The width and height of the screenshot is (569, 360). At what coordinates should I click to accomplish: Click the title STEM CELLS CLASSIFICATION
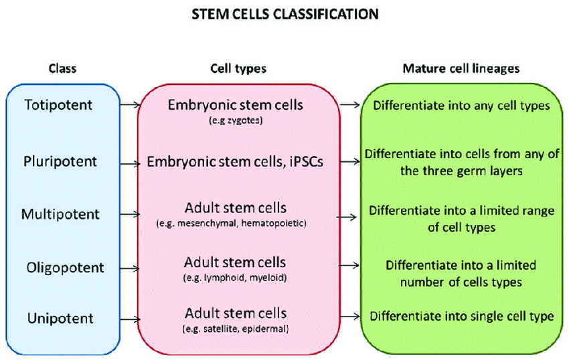tap(284, 13)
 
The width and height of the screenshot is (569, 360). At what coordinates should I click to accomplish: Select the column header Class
tap(63, 69)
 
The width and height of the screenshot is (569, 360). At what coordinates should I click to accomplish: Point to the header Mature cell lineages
tap(461, 69)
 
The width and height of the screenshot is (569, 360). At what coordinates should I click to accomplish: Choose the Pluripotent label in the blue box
tap(60, 161)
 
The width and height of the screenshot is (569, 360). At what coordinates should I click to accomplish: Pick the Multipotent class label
tap(60, 215)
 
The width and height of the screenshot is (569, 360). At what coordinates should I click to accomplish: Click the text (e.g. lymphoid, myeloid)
tap(235, 275)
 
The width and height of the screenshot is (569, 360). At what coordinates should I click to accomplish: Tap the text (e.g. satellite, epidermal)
tap(235, 329)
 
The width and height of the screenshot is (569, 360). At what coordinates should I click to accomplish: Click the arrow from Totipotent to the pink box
tap(129, 105)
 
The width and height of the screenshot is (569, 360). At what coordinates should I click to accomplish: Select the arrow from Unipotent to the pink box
tap(129, 318)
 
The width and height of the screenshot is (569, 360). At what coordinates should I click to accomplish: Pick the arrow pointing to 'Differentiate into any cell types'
tap(349, 105)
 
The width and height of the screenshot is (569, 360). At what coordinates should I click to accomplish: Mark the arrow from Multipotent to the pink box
tap(129, 215)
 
